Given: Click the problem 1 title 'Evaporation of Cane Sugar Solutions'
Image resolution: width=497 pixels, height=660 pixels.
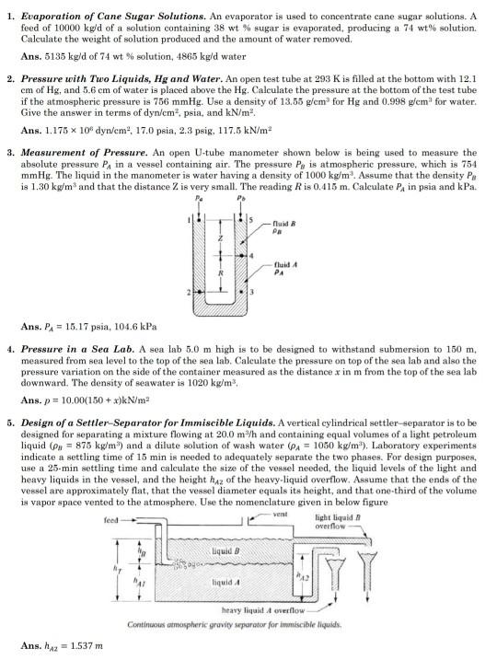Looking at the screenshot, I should tap(119, 16).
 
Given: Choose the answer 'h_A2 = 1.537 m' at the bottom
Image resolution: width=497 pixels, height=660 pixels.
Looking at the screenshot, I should tap(64, 643).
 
